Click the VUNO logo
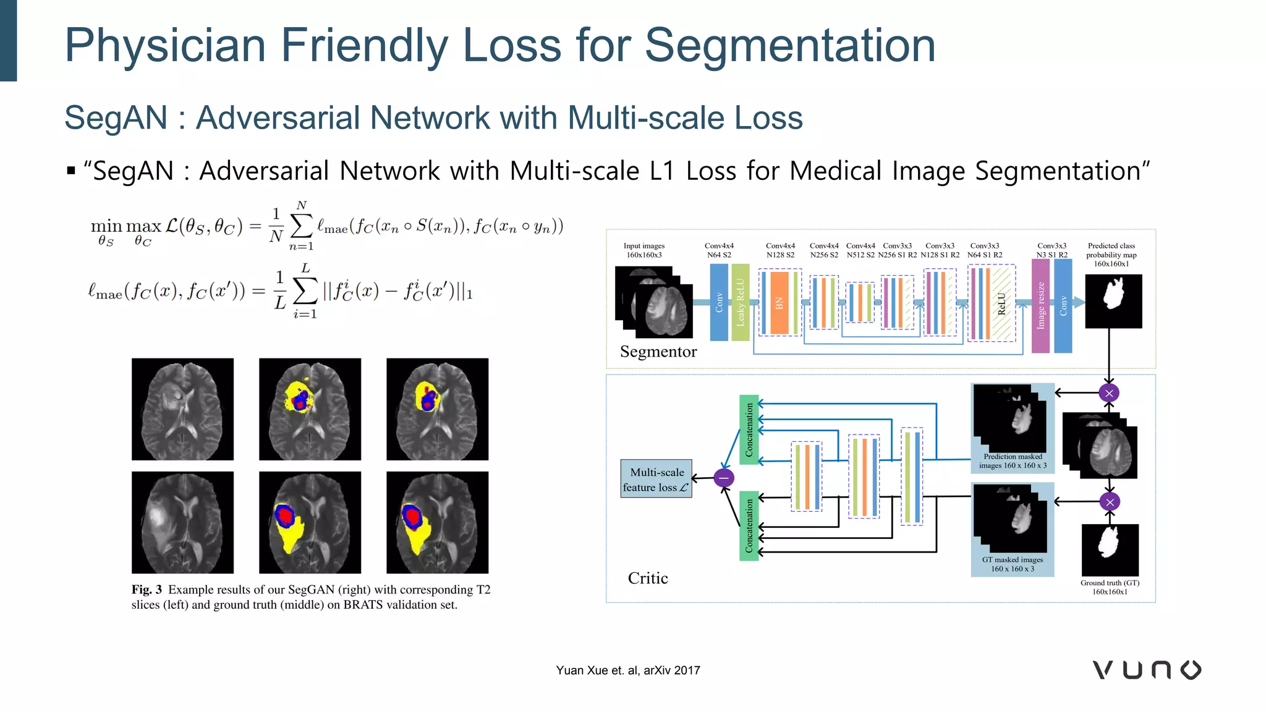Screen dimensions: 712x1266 pos(1147,670)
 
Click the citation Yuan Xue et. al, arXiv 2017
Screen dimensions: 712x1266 pos(627,671)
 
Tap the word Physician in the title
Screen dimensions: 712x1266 pos(165,46)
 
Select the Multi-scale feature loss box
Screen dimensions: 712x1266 pos(656,479)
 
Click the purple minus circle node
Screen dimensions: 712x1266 pos(723,478)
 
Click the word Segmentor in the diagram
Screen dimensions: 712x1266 pos(658,352)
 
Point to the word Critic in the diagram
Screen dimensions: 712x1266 pos(647,578)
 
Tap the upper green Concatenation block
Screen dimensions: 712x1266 pos(749,430)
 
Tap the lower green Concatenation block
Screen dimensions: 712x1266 pos(749,525)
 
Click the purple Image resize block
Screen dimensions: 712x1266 pos(1040,305)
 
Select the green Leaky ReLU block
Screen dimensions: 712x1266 pos(740,302)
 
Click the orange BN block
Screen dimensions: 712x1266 pos(779,303)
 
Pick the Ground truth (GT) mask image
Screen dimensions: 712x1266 pos(1110,549)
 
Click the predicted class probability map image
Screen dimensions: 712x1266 pos(1113,301)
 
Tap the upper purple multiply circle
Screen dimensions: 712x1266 pos(1109,393)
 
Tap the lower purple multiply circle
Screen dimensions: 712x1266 pos(1110,502)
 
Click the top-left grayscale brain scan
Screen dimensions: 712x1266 pos(182,409)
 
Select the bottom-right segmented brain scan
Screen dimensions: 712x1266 pos(437,522)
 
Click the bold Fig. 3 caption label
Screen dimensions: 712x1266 pos(147,590)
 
